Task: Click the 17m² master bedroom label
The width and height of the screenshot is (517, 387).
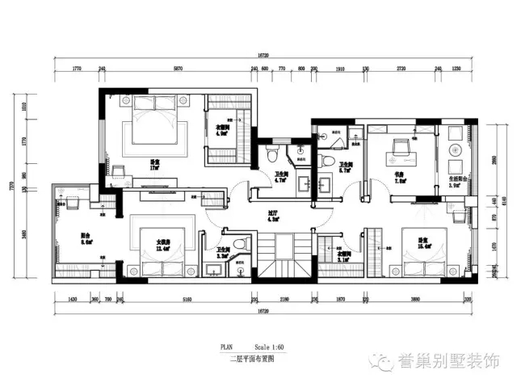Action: point(154,164)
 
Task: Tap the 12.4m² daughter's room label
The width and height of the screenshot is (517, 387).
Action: point(164,245)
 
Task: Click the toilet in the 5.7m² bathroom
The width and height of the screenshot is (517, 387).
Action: point(326,161)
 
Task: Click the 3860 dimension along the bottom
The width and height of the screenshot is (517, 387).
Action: point(415,299)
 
